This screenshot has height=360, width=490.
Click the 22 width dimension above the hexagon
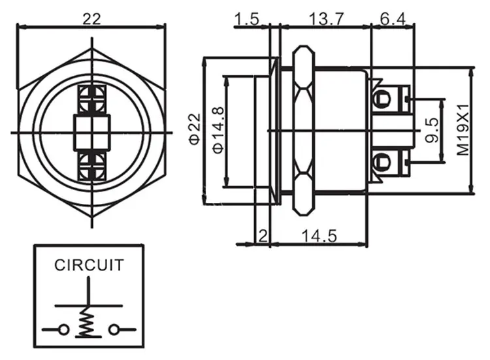tap(92, 19)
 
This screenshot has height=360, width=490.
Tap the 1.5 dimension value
tap(246, 19)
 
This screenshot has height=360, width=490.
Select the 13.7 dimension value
tap(327, 19)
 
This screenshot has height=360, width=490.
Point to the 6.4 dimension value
tap(393, 19)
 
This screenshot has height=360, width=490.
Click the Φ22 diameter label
tap(195, 129)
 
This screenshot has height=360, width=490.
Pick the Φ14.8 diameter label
tap(218, 130)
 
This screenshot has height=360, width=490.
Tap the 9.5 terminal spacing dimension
tap(433, 130)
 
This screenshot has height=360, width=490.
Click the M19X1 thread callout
tap(463, 130)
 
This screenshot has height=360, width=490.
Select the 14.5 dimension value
tap(319, 236)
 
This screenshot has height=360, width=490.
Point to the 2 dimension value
tap(263, 236)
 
